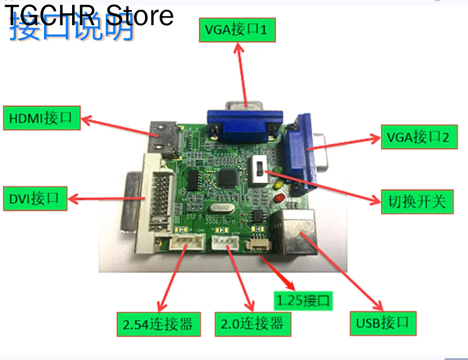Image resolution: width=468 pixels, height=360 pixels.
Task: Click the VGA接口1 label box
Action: [x=237, y=30]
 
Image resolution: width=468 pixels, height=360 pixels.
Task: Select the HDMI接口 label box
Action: [x=41, y=118]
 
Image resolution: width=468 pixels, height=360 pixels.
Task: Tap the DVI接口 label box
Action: [x=35, y=198]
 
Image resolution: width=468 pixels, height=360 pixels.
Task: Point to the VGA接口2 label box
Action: [x=419, y=137]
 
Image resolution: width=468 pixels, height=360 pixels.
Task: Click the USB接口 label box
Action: [x=383, y=323]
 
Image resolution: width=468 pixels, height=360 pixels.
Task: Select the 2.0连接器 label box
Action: [x=253, y=324]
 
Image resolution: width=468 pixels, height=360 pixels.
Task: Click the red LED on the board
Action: [x=280, y=198]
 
